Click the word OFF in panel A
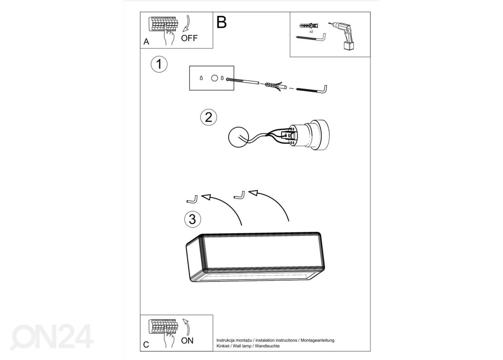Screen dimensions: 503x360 coord(189,38)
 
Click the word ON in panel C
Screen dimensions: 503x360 coord(187,340)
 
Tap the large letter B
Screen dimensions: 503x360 coord(221,22)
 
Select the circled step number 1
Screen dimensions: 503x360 coord(159,64)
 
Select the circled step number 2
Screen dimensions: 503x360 coord(209,117)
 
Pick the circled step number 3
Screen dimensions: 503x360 coord(193,219)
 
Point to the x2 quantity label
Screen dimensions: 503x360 coord(311,32)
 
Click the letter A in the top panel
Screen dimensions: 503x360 coord(146,42)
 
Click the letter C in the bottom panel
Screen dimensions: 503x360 coord(146,345)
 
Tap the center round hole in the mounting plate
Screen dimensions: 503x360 coord(215,78)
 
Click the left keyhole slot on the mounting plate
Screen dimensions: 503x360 coord(201,78)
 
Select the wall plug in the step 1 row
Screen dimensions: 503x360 coord(275,86)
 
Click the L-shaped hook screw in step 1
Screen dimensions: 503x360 coord(312,89)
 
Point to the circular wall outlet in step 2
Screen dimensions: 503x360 coord(239,137)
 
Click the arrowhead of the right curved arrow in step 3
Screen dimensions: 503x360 coord(253,193)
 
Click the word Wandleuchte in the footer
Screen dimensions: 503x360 coord(267,346)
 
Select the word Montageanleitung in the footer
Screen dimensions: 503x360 coord(317,340)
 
